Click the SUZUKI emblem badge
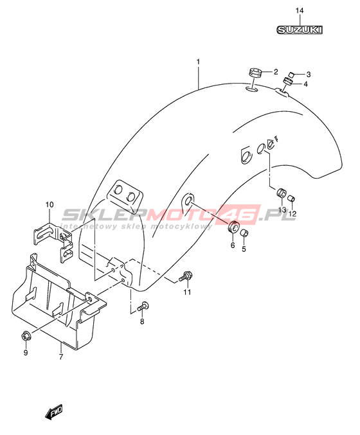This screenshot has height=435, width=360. tap(300, 30)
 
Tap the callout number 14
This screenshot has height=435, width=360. tap(300, 11)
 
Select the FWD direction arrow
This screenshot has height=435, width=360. tap(54, 412)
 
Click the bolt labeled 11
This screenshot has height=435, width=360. tap(186, 276)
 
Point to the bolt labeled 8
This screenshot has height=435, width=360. tap(143, 306)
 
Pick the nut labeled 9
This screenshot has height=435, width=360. tap(26, 336)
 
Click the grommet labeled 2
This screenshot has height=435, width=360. tap(255, 73)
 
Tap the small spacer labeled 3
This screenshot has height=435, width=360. tap(291, 75)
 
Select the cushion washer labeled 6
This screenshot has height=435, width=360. tap(233, 227)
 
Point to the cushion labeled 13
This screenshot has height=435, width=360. tap(281, 193)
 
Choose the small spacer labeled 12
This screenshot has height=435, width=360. tap(292, 199)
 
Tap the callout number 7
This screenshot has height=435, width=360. tap(61, 357)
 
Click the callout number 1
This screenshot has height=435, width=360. tap(198, 62)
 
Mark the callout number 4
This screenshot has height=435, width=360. tap(305, 84)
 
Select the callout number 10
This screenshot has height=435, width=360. tap(50, 205)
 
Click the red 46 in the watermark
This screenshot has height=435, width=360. tap(239, 213)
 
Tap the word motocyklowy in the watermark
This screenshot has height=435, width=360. tap(181, 227)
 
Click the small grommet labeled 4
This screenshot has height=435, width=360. tap(287, 82)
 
